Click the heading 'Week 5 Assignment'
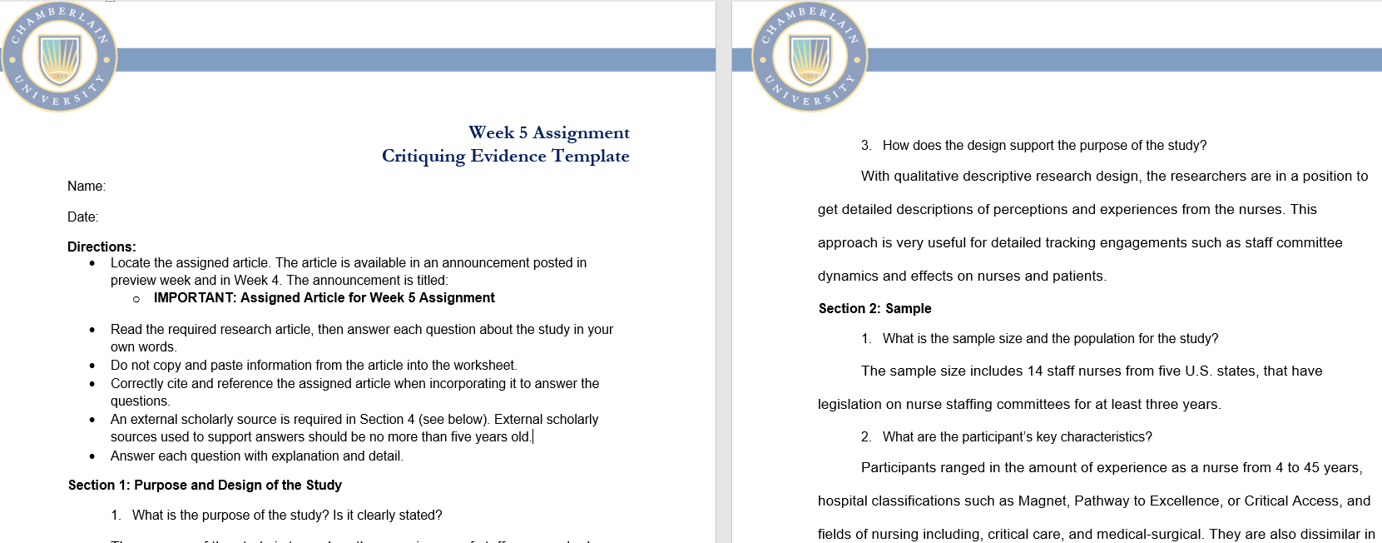point(548,132)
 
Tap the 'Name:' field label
point(87,187)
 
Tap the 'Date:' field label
point(82,217)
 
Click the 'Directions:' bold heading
point(102,247)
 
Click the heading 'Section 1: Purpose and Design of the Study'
point(205,486)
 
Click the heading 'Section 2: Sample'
point(874,309)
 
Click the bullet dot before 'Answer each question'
point(92,456)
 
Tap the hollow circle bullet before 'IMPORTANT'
point(136,298)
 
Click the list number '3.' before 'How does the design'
point(866,146)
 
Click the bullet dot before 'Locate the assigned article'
point(92,263)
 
